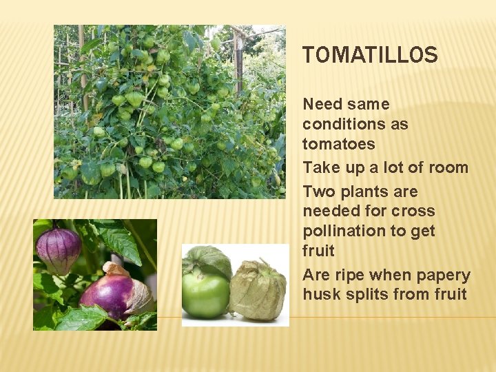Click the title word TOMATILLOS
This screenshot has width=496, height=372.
[x=370, y=55]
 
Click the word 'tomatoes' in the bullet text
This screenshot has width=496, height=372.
[x=338, y=144]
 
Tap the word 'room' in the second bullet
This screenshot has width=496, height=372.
[x=447, y=167]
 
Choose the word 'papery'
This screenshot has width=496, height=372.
[x=442, y=275]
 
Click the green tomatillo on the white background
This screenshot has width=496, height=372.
[x=205, y=293]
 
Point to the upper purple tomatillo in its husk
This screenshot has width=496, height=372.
[x=59, y=247]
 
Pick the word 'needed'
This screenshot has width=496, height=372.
[x=331, y=211]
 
